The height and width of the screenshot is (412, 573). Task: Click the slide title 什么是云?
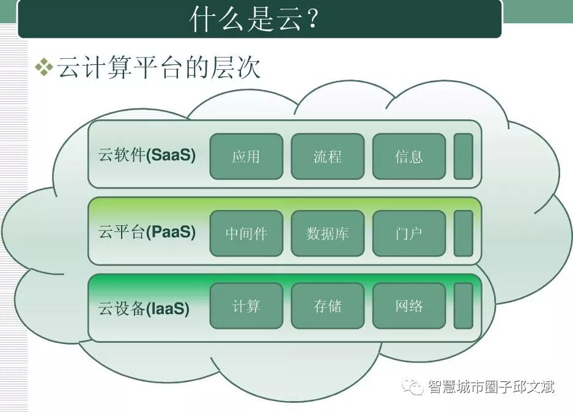[255, 20]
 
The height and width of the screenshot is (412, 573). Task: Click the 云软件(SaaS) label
[147, 155]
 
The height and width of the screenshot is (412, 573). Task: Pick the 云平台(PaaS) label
[147, 233]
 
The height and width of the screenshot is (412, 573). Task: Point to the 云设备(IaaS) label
[144, 308]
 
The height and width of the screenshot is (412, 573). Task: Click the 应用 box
[246, 157]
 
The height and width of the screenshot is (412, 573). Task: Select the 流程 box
[327, 157]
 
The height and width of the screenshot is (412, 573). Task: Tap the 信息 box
[408, 157]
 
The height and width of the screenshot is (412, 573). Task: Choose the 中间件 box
[246, 233]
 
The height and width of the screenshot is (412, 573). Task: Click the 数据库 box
[327, 233]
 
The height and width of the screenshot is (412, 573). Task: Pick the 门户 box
[408, 233]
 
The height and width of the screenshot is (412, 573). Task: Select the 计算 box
[246, 306]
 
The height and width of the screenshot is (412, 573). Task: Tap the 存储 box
[327, 306]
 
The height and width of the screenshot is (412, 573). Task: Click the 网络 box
[408, 306]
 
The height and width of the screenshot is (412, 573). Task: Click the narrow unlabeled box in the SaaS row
[464, 157]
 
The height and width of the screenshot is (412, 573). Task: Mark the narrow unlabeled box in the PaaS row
[464, 233]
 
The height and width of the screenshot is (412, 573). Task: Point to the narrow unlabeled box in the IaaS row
[464, 306]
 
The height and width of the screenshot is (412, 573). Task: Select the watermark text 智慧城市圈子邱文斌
[492, 387]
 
